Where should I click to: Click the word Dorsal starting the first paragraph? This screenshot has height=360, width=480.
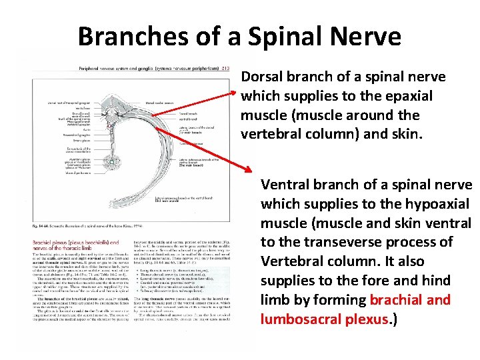(261, 77)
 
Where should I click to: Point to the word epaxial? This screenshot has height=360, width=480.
(407, 96)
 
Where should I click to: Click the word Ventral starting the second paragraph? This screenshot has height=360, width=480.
(285, 184)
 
